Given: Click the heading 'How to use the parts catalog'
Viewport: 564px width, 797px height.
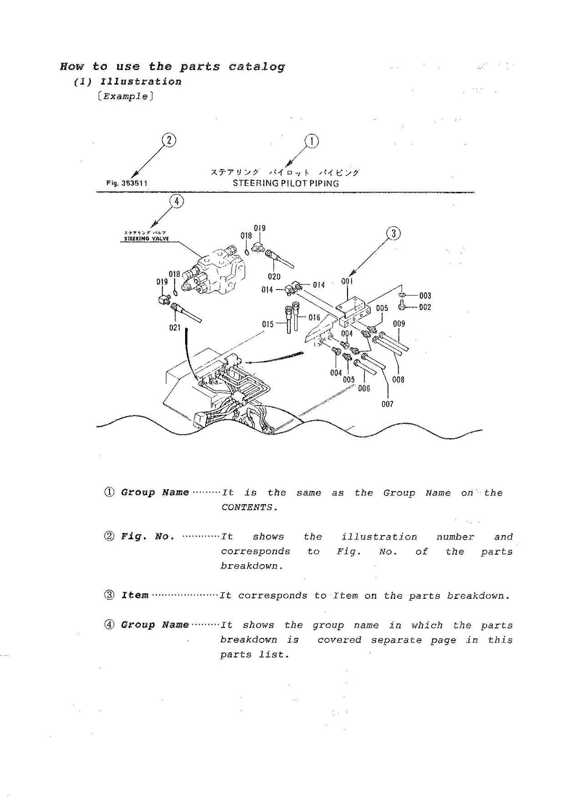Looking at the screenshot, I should tap(172, 67).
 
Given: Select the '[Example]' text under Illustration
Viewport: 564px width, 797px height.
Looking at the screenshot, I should tap(125, 96).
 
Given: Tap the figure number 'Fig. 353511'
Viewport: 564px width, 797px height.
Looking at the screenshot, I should tap(127, 183).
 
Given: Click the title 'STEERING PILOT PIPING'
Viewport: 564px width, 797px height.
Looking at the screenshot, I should tap(285, 183).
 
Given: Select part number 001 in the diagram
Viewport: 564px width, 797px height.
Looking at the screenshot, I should tap(347, 281).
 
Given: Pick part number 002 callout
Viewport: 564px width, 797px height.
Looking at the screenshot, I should tap(425, 307).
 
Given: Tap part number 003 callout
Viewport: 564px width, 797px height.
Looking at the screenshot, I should tap(425, 296).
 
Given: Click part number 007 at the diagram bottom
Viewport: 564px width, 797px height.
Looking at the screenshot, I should tap(387, 404).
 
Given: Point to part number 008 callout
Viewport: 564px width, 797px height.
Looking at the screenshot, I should tap(398, 379).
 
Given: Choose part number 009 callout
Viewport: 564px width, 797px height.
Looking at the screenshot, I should tap(399, 324).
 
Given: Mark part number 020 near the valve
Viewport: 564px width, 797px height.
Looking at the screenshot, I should tap(274, 277).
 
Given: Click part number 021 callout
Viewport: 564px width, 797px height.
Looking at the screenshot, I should tap(175, 327).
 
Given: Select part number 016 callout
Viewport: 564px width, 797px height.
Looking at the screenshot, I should tap(314, 318).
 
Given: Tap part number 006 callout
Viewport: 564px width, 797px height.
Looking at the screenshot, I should tap(364, 388).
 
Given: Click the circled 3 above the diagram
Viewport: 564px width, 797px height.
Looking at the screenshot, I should tap(393, 233).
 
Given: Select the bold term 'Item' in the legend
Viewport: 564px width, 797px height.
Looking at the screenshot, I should tap(135, 596).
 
